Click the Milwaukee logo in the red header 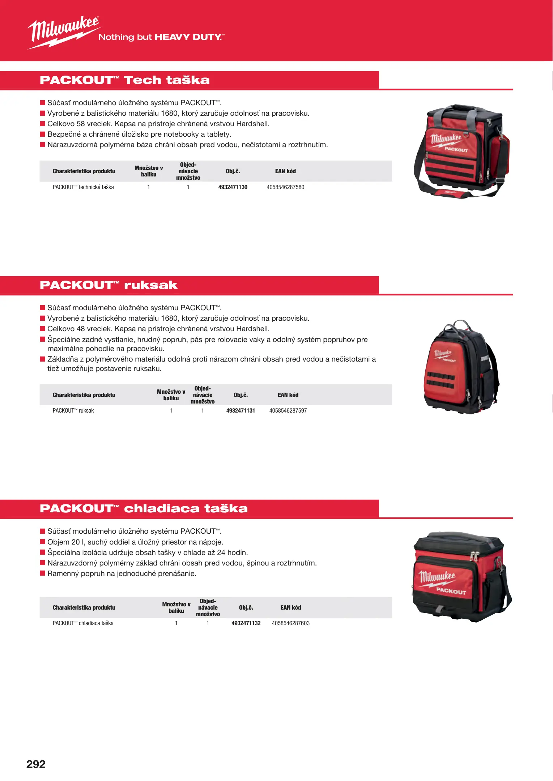pyautogui.click(x=63, y=32)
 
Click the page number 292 pyautogui.click(x=36, y=764)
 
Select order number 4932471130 pyautogui.click(x=233, y=187)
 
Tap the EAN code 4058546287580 pyautogui.click(x=285, y=187)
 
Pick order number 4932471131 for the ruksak pyautogui.click(x=241, y=411)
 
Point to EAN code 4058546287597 pyautogui.click(x=288, y=411)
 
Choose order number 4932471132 pyautogui.click(x=246, y=623)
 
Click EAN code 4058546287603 pyautogui.click(x=290, y=623)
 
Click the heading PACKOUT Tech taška pyautogui.click(x=124, y=80)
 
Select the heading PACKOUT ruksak pyautogui.click(x=109, y=285)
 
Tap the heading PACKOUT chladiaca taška pyautogui.click(x=144, y=508)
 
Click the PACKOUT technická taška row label pyautogui.click(x=83, y=187)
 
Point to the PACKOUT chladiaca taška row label pyautogui.click(x=83, y=623)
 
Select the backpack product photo pyautogui.click(x=461, y=367)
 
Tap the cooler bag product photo pyautogui.click(x=461, y=577)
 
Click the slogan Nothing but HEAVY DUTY pyautogui.click(x=161, y=37)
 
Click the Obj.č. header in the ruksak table pyautogui.click(x=241, y=395)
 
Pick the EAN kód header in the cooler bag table pyautogui.click(x=290, y=607)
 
